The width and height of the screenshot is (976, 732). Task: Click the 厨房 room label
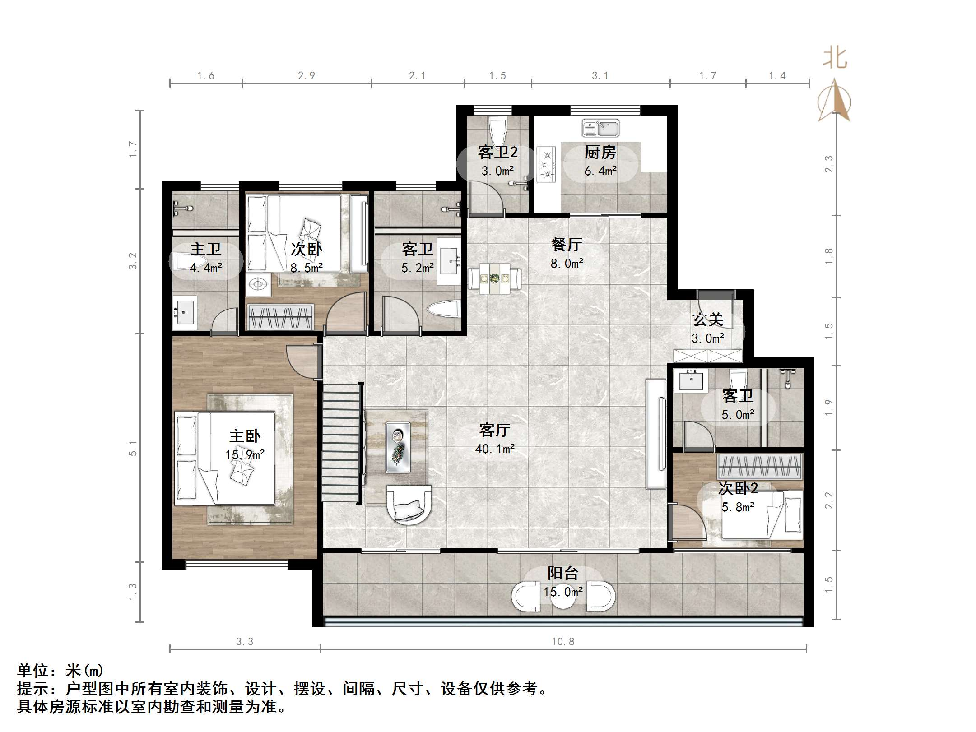[600, 153]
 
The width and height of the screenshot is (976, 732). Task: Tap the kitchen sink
[600, 128]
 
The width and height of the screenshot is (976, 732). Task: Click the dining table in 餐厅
[495, 279]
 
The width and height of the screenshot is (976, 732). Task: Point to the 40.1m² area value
[495, 449]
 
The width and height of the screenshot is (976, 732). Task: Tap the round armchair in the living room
[409, 505]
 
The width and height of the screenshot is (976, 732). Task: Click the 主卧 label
[245, 436]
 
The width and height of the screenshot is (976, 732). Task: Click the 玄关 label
[708, 320]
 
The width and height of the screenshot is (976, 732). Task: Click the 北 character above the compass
[835, 59]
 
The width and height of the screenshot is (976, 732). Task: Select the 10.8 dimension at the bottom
[563, 641]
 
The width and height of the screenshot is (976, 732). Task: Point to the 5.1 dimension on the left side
[133, 448]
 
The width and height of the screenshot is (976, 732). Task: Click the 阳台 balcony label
[563, 573]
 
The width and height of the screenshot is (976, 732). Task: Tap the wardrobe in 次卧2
[760, 466]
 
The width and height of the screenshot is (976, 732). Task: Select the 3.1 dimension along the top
[600, 76]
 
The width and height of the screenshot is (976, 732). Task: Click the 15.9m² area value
[245, 454]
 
